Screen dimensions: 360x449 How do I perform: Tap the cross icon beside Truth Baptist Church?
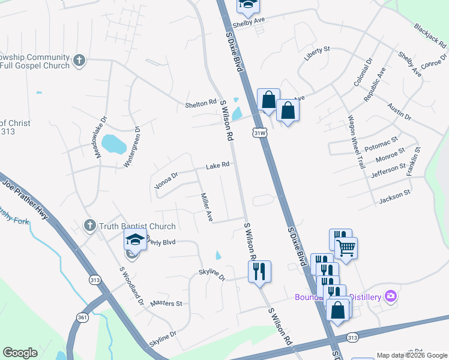coord(89,226)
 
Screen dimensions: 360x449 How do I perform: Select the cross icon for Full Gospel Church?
coord(79,60)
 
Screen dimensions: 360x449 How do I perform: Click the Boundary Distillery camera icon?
coord(391,296)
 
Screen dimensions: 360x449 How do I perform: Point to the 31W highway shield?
coord(260,133)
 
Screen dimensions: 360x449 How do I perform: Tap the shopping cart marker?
coord(346,247)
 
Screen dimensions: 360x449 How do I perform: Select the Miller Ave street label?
coord(207,208)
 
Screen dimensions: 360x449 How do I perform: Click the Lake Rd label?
coord(218,165)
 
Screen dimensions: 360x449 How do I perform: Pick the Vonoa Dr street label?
coord(166,181)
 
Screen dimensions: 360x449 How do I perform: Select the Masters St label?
coord(166,304)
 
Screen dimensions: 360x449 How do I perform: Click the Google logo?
coord(20,352)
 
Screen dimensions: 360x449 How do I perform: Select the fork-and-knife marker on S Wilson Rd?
coord(260,271)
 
